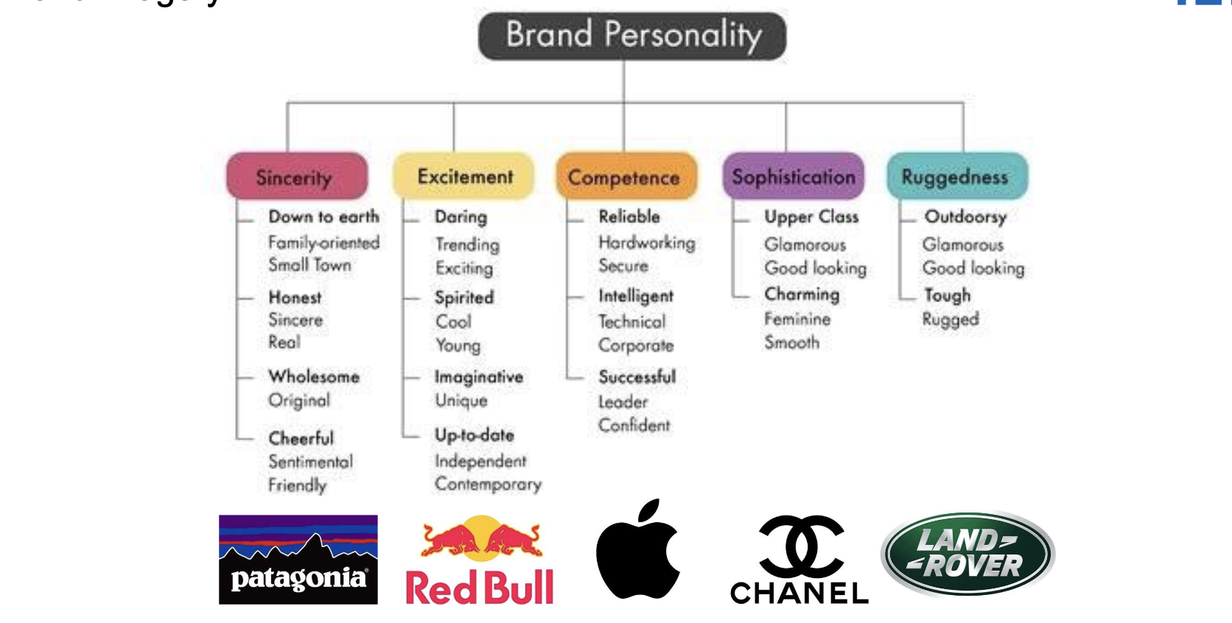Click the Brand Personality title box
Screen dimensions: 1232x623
[x=632, y=36]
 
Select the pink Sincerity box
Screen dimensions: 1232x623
[x=297, y=176]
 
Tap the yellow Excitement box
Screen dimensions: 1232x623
[x=463, y=176]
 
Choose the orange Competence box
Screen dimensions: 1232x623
[x=626, y=176]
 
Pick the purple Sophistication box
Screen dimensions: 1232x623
[x=793, y=176]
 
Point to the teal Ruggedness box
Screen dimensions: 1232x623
[x=958, y=176]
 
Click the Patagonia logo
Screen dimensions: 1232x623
[x=298, y=559]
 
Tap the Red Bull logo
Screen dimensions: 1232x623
[x=480, y=560]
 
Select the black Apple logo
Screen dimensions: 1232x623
[x=639, y=549]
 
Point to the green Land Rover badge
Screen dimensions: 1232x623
[x=968, y=554]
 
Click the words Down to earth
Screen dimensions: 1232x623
[x=324, y=217]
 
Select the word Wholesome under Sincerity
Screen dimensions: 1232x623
[x=314, y=376]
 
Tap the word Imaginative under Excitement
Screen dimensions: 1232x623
[x=479, y=377]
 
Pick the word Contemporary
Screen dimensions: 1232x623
[x=489, y=485]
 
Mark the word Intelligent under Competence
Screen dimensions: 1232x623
[x=636, y=296]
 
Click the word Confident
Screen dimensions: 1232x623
[x=634, y=425]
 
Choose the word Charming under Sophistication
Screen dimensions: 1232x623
[x=802, y=295]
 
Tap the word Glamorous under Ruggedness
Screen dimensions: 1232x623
[x=963, y=244]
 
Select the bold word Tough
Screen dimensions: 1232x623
[x=947, y=295]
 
